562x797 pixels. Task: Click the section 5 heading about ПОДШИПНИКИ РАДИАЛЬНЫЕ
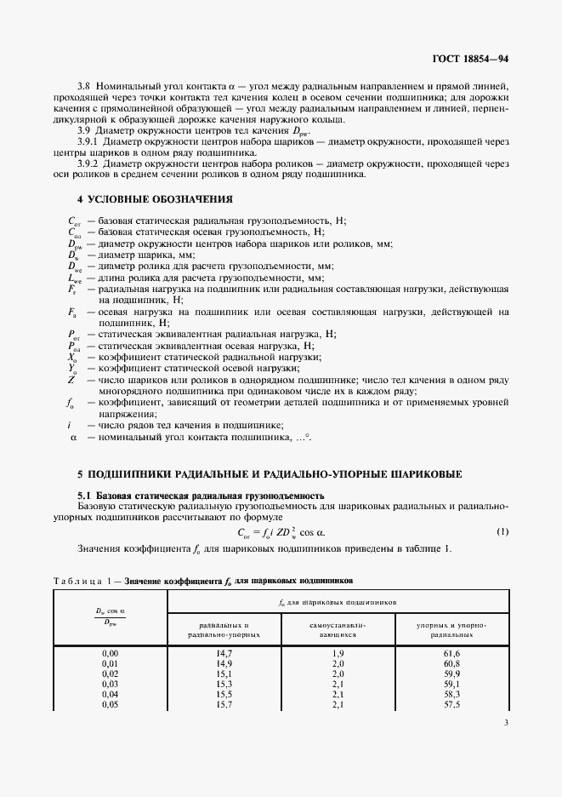(270, 473)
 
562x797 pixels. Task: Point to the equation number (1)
(502, 532)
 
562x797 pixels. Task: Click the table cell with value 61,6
(451, 652)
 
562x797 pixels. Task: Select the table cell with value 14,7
(224, 652)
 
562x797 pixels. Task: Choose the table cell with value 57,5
(451, 703)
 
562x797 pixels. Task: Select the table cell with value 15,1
(224, 673)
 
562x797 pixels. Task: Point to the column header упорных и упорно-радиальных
(451, 629)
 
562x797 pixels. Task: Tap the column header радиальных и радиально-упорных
(224, 629)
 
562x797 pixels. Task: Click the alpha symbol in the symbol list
(73, 437)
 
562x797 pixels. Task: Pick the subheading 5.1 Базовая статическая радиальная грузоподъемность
(200, 496)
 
